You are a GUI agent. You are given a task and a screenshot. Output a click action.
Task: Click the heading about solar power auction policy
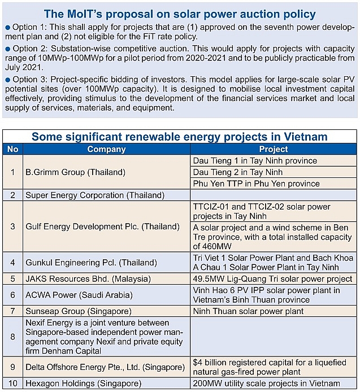[x=180, y=13]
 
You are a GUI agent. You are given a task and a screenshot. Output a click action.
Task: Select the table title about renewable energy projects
[x=180, y=137]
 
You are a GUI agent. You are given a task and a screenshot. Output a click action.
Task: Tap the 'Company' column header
[x=106, y=149]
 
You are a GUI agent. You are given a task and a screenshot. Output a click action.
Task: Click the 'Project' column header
[x=274, y=149]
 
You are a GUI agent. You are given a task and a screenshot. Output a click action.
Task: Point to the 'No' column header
[x=12, y=149]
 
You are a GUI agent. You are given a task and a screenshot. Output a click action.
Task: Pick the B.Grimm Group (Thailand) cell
[x=75, y=172]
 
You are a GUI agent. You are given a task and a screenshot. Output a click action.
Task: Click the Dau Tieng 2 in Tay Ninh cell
[x=238, y=172]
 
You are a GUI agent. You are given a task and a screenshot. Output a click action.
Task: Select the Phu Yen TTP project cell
[x=256, y=183]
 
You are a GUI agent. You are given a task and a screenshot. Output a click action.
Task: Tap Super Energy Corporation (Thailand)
[x=95, y=195]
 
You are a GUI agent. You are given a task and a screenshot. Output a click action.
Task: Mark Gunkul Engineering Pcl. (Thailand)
[x=91, y=263]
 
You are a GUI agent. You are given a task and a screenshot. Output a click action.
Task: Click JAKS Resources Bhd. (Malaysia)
[x=88, y=278]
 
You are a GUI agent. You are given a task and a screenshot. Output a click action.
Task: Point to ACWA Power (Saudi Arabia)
[x=79, y=295]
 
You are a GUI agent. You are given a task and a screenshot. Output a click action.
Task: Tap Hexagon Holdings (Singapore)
[x=83, y=384]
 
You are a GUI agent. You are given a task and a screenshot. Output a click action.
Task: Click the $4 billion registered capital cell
[x=269, y=367]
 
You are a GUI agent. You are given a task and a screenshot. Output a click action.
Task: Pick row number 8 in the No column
[x=12, y=336]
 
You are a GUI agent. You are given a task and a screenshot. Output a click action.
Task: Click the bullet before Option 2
[x=7, y=49]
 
